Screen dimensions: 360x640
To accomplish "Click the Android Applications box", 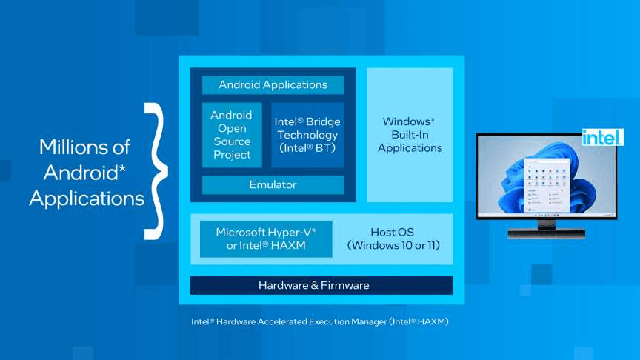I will point(273,85).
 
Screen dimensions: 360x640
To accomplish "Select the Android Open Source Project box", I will point(231,135).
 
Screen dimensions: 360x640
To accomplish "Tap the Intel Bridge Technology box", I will point(306,135).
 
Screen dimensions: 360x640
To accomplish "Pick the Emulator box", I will point(273,185).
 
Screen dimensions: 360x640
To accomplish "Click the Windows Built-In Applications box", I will point(410,134).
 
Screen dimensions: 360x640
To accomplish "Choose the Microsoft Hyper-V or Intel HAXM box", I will point(266,239).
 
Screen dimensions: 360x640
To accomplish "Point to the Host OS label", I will point(392,233).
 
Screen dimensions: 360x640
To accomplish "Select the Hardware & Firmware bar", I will point(321,285).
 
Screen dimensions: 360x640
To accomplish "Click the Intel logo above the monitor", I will point(597,137).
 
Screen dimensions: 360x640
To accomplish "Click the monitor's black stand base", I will point(546,234).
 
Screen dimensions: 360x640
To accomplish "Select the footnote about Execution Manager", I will point(320,322).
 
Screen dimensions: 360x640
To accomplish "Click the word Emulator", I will point(273,185).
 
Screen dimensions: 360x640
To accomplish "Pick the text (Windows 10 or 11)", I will point(393,246).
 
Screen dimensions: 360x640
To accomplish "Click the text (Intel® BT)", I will point(306,148).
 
